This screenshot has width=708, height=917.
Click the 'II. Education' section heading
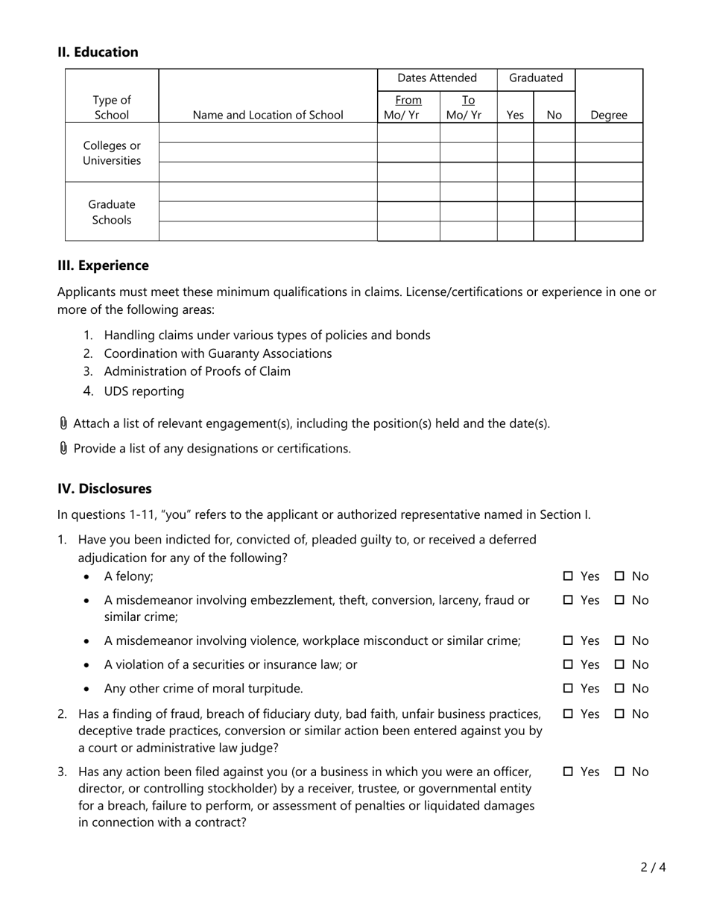98,52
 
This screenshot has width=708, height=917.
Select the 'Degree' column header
608,115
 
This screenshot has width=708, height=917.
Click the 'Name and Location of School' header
268,115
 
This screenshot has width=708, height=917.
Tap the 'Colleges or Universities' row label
112,153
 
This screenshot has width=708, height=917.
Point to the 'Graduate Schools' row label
112,212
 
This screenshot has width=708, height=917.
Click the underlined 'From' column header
408,100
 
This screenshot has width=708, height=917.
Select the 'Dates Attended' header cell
437,78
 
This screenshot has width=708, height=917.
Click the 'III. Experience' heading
103,265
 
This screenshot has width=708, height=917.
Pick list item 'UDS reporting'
144,391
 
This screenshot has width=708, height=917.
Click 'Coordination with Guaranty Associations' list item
218,353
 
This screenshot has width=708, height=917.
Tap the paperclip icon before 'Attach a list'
63,423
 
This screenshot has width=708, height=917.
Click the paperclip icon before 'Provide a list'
63,448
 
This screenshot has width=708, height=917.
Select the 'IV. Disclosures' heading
104,488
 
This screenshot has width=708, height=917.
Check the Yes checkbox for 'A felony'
569,576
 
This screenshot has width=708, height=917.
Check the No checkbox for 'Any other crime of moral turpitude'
620,688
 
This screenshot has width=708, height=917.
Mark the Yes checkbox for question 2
569,713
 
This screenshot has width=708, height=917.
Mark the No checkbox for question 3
620,772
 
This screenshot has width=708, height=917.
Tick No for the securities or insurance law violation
620,664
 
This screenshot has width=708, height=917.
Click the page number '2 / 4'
652,867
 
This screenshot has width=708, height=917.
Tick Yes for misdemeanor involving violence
569,640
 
